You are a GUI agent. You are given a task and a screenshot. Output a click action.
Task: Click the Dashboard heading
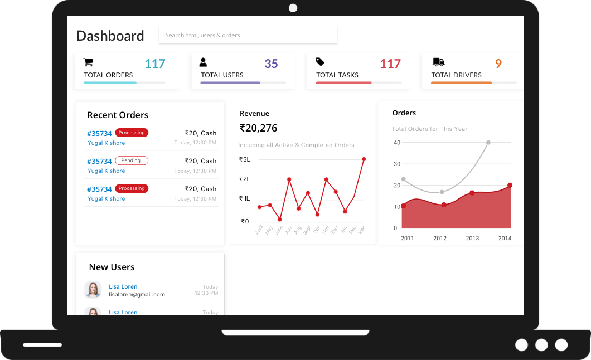pyautogui.click(x=110, y=36)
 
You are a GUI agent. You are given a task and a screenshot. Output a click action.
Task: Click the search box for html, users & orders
pyautogui.click(x=248, y=35)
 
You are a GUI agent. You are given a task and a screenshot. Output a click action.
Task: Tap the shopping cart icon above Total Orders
pyautogui.click(x=88, y=62)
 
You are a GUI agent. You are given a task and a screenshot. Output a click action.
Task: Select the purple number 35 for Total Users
pyautogui.click(x=271, y=64)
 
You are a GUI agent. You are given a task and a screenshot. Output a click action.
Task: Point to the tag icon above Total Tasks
pyautogui.click(x=320, y=62)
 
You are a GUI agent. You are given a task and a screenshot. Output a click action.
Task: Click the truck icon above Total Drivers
pyautogui.click(x=438, y=62)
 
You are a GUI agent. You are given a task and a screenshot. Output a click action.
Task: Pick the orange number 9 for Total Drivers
pyautogui.click(x=498, y=64)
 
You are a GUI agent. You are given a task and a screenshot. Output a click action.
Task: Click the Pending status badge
pyautogui.click(x=132, y=160)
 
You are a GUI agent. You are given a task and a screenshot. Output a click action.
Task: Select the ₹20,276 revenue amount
pyautogui.click(x=258, y=128)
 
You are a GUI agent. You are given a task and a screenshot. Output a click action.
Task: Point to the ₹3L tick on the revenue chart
pyautogui.click(x=244, y=159)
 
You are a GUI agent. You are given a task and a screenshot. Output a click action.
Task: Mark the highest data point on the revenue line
pyautogui.click(x=364, y=159)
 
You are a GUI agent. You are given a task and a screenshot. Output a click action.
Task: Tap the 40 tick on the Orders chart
pyautogui.click(x=397, y=143)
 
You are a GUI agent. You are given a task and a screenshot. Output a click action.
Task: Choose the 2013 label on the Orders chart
pyautogui.click(x=472, y=238)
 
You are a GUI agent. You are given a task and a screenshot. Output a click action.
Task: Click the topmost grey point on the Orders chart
pyautogui.click(x=488, y=143)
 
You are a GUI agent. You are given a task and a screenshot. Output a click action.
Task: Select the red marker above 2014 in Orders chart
pyautogui.click(x=510, y=186)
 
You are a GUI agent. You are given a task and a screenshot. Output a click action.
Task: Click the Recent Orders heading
pyautogui.click(x=118, y=115)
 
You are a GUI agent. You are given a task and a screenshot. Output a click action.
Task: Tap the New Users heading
pyautogui.click(x=112, y=267)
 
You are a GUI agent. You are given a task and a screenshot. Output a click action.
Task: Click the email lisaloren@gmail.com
pyautogui.click(x=137, y=294)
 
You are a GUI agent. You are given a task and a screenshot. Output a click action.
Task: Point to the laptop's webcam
pyautogui.click(x=293, y=8)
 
